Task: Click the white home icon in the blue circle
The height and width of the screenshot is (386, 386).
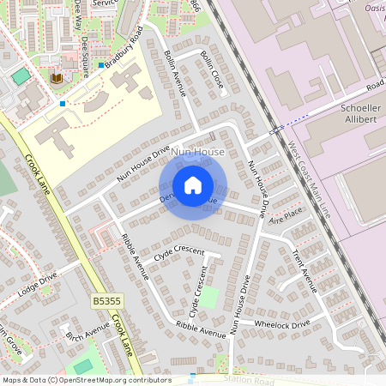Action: pos(193,185)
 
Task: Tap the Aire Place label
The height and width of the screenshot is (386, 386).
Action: pos(286,214)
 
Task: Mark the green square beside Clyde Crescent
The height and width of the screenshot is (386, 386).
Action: pos(208,299)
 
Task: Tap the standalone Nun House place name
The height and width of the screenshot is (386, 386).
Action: pos(198,152)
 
